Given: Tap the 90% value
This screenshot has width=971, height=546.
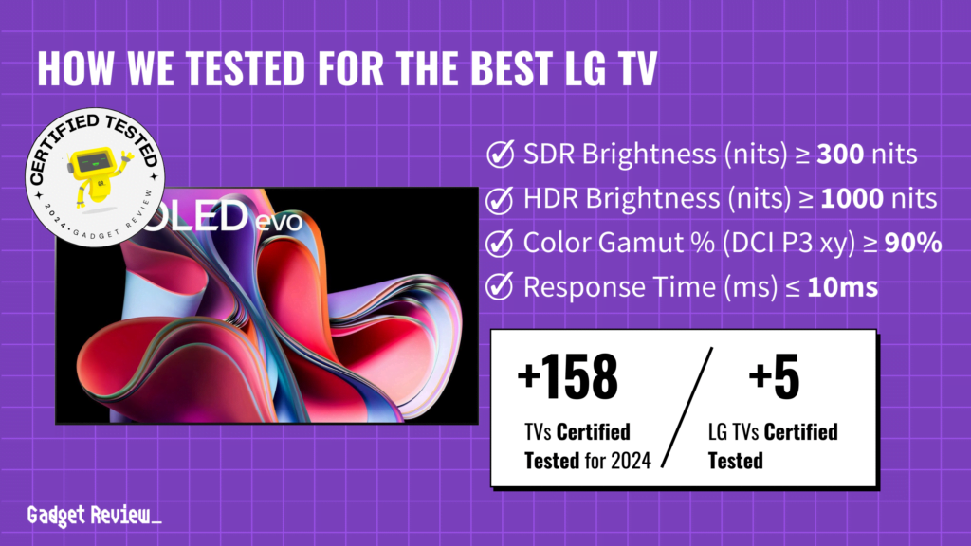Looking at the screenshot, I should coord(913,243).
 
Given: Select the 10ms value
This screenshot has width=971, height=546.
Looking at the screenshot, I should coord(841,287).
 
